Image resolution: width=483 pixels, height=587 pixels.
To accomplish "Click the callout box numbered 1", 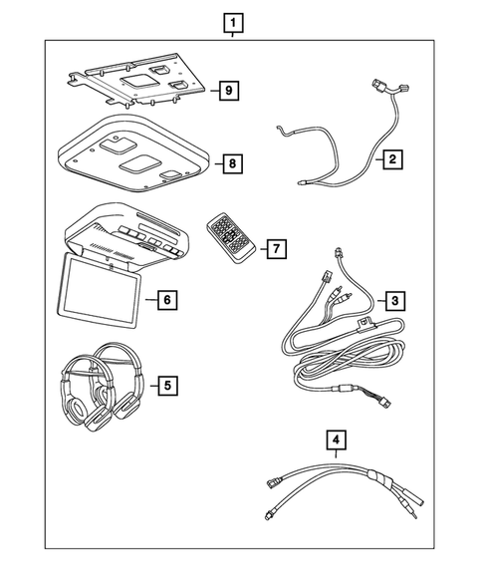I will (231, 22).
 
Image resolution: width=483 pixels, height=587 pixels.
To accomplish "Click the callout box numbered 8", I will (230, 161).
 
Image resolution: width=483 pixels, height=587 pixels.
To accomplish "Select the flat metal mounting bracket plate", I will (134, 84).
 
